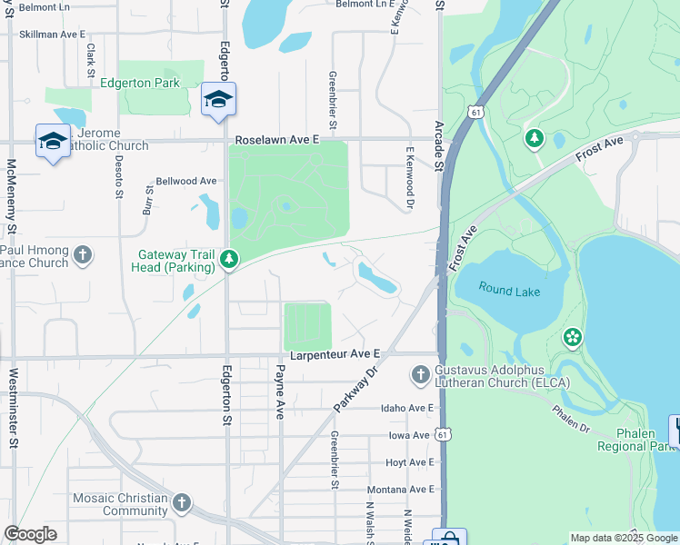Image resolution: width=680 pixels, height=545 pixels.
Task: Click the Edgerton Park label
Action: tap(153, 84)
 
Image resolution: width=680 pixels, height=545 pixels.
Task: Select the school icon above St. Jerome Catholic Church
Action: tap(53, 141)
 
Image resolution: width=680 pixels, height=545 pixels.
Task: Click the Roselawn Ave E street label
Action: tap(277, 141)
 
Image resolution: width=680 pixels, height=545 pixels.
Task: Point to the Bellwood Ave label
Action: tap(186, 182)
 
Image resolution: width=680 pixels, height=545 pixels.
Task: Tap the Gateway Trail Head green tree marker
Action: tap(230, 261)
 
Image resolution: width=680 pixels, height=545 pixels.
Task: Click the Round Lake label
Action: tap(510, 292)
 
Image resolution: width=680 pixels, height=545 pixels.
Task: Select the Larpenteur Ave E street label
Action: tap(334, 353)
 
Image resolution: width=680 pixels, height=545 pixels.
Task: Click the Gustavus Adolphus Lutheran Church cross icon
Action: tap(420, 373)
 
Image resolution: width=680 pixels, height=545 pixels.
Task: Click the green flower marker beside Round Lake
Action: tap(572, 338)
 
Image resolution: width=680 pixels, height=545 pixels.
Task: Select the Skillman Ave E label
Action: tap(51, 34)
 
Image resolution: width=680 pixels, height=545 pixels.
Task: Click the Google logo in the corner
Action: tap(31, 534)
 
